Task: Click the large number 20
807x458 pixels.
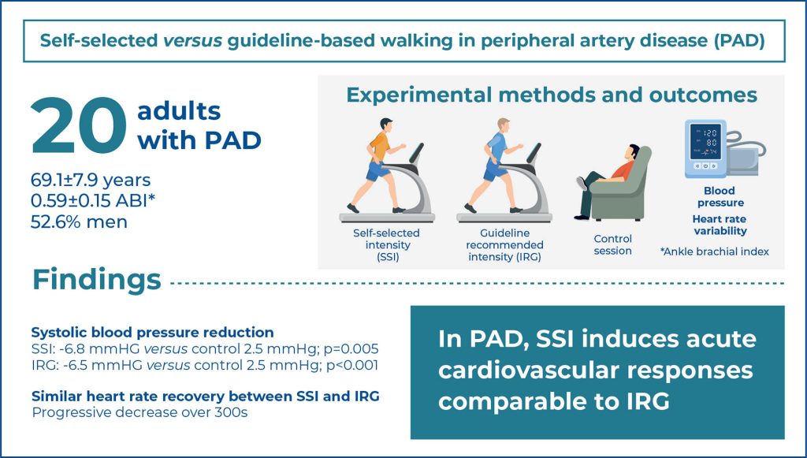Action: coord(78,126)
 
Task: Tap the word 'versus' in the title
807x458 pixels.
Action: coord(193,41)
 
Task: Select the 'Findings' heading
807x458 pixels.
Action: coord(97,281)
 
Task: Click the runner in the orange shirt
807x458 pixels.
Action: coord(377,165)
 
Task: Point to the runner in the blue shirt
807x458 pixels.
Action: coord(494,165)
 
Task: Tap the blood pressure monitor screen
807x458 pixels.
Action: coord(705,141)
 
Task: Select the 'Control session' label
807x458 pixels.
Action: coord(612,245)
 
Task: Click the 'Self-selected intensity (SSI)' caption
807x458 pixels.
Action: coord(386,245)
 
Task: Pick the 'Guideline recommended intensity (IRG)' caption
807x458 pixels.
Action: coord(504,245)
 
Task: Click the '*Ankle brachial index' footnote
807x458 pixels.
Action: coord(714,251)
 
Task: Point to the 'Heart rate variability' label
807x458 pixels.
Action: coord(720,225)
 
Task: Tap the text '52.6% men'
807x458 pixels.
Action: coord(79,222)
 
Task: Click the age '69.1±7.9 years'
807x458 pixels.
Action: coord(91,180)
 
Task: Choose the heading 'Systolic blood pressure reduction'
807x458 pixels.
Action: coord(152,333)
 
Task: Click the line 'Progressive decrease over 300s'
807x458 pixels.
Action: coord(139,413)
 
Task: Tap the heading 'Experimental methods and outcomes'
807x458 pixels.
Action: coord(552,95)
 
